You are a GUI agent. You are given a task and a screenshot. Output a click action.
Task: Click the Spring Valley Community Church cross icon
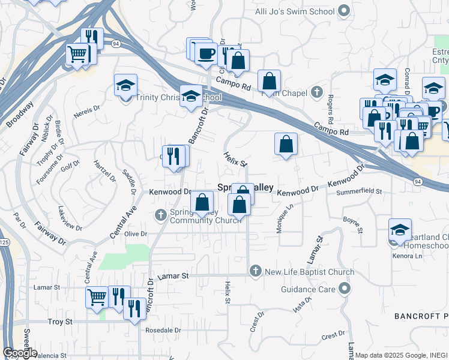click(161, 215)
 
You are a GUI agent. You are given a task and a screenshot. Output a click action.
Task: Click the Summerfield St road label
click(359, 191)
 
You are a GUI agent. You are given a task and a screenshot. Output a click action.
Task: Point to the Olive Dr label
click(135, 233)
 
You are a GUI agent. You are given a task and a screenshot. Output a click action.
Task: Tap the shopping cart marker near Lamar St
click(97, 296)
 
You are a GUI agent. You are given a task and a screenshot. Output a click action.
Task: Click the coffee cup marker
click(206, 53)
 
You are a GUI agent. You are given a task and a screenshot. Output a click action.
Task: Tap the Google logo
click(20, 353)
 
